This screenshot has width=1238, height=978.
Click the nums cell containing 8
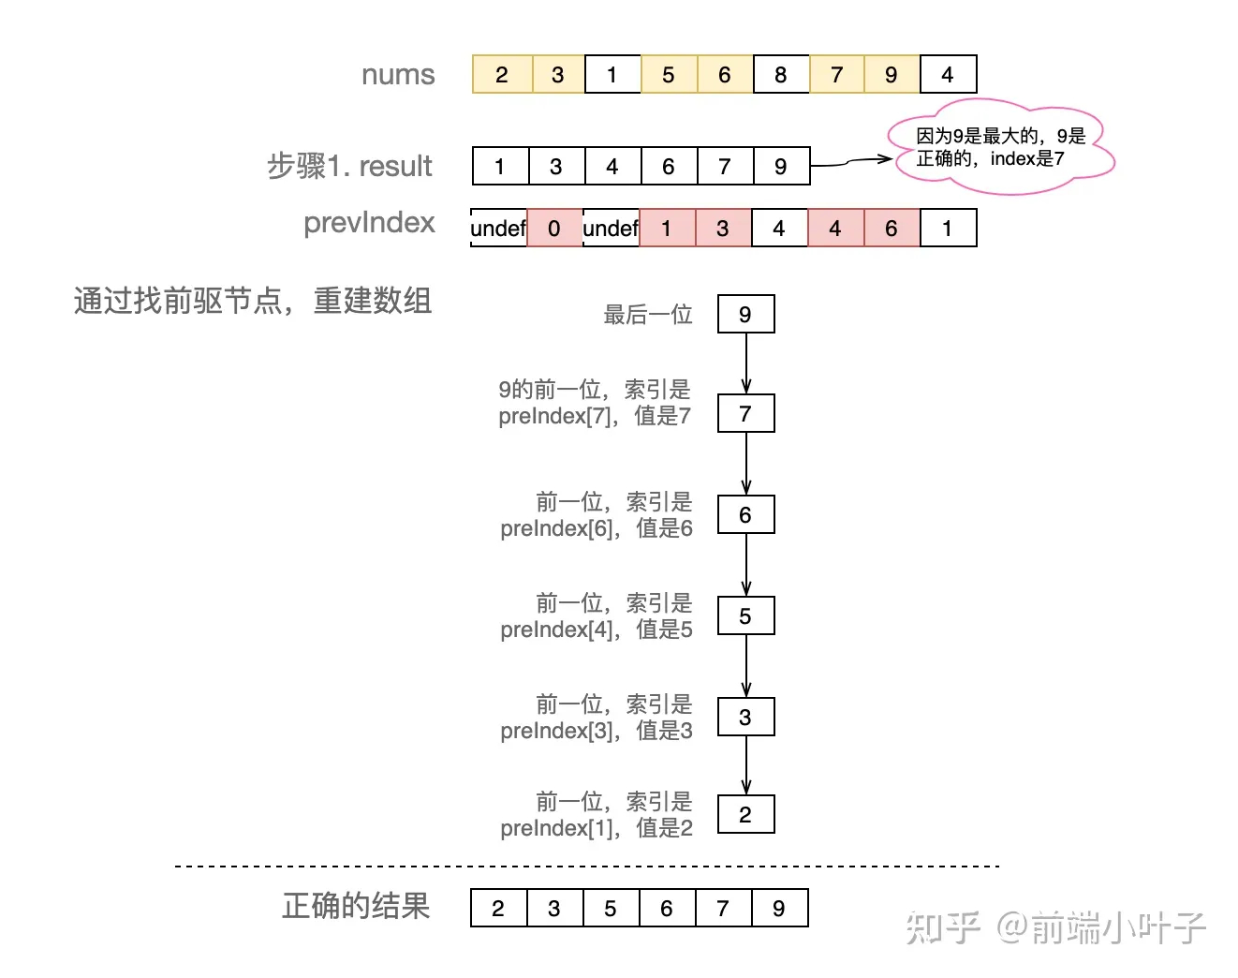(x=781, y=75)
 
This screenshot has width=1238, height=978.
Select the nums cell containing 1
(x=612, y=75)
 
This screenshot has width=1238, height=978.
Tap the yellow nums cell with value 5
(x=669, y=75)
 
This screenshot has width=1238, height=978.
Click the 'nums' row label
(x=398, y=75)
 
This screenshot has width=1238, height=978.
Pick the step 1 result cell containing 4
(x=612, y=167)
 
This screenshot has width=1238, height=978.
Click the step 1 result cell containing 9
(x=781, y=167)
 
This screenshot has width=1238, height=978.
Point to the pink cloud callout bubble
(x=1000, y=148)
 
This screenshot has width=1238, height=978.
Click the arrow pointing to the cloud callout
(x=849, y=162)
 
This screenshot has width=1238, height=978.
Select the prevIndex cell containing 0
(x=554, y=229)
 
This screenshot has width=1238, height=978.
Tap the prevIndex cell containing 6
(x=892, y=229)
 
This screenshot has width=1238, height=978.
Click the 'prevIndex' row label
(x=369, y=223)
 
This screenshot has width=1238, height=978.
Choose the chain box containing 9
(x=745, y=315)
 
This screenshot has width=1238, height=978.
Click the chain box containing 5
(x=745, y=616)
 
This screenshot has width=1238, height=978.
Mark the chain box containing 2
(x=745, y=815)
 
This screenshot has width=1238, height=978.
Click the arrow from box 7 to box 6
(x=746, y=464)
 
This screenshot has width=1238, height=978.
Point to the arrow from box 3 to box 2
(x=746, y=765)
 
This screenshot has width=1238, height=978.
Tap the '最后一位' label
(x=647, y=315)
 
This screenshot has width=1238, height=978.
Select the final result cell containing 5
(x=611, y=909)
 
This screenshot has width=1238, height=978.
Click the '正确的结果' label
(x=356, y=907)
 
